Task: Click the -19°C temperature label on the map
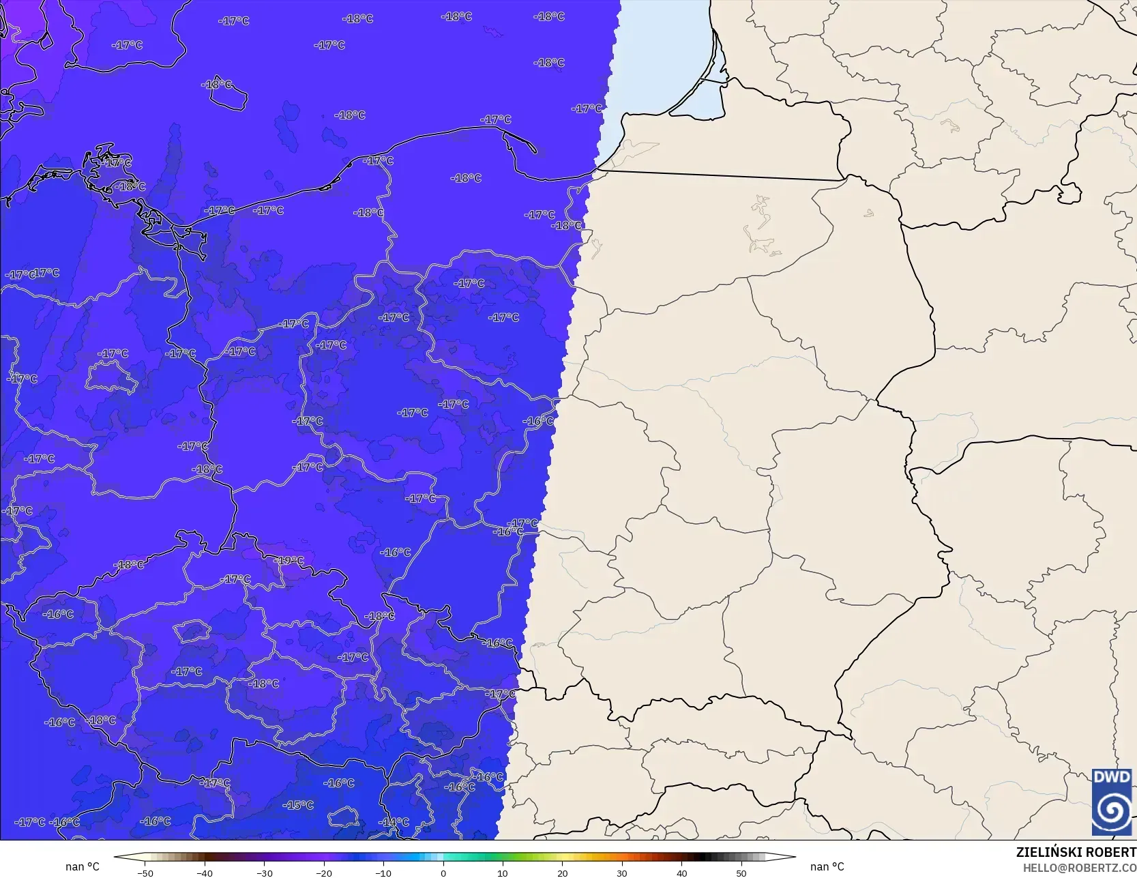click(289, 561)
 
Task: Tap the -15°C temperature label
click(299, 805)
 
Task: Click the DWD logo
click(1112, 802)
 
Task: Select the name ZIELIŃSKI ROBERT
click(1076, 852)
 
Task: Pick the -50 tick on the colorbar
click(145, 873)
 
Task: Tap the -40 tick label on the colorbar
click(205, 873)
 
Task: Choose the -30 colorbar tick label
click(264, 873)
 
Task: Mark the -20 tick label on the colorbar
click(324, 873)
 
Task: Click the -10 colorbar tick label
click(383, 873)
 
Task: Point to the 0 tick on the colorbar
click(443, 873)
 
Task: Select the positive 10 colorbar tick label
click(503, 873)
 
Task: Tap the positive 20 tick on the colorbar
click(563, 873)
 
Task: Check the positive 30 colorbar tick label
click(622, 873)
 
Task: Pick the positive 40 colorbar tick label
click(682, 873)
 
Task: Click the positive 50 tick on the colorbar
click(741, 873)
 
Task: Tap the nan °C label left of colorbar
click(83, 866)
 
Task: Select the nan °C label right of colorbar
click(827, 866)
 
